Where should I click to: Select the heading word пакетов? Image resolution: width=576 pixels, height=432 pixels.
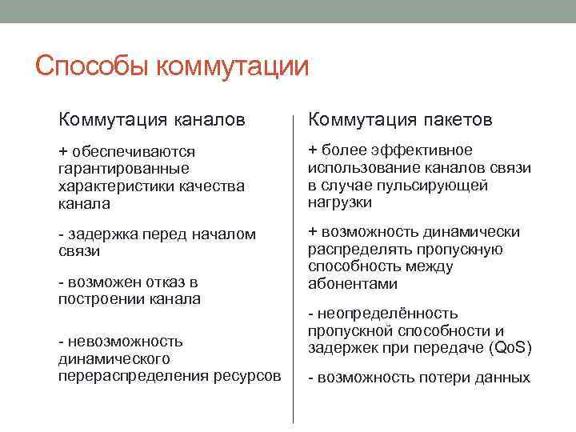(454, 120)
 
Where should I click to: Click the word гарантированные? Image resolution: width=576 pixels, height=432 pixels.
(124, 169)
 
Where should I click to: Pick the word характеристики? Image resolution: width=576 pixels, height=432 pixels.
(111, 186)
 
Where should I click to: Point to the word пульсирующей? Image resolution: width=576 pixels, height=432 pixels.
(444, 185)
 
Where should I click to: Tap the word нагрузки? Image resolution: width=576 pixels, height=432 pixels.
(340, 202)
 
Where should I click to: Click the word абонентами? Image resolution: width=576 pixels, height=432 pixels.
(352, 284)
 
